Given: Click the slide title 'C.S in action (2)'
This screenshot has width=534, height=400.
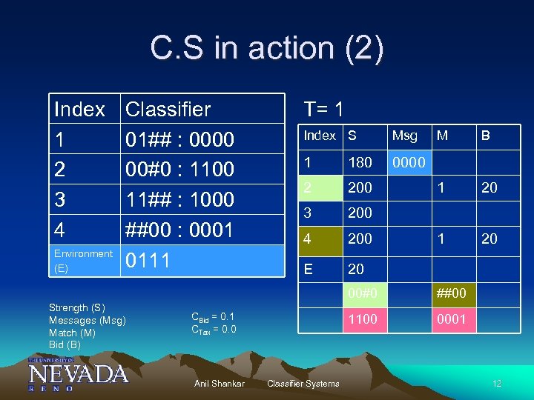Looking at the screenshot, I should [267, 49].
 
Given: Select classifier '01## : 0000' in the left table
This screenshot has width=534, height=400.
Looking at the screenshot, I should [179, 139].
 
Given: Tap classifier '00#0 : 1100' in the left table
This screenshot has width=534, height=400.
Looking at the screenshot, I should [179, 170].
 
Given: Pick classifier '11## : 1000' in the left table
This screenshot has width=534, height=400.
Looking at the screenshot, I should [179, 200].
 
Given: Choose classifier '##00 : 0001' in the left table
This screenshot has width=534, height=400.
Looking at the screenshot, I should [179, 230].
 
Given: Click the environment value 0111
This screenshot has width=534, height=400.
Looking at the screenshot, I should [148, 261].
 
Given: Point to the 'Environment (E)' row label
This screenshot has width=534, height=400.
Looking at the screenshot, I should [83, 261].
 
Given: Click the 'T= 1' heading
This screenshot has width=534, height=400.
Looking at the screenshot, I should [323, 110].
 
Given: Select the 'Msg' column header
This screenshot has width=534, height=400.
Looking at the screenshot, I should [404, 136].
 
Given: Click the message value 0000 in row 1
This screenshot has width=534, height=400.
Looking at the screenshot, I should [409, 161].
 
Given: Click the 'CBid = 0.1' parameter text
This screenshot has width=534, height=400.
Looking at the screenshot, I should [213, 317].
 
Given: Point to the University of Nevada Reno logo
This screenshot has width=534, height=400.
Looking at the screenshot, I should [78, 374].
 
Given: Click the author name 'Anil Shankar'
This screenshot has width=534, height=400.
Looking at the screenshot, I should [219, 383].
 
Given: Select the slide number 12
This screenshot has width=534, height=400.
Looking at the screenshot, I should [496, 383].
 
